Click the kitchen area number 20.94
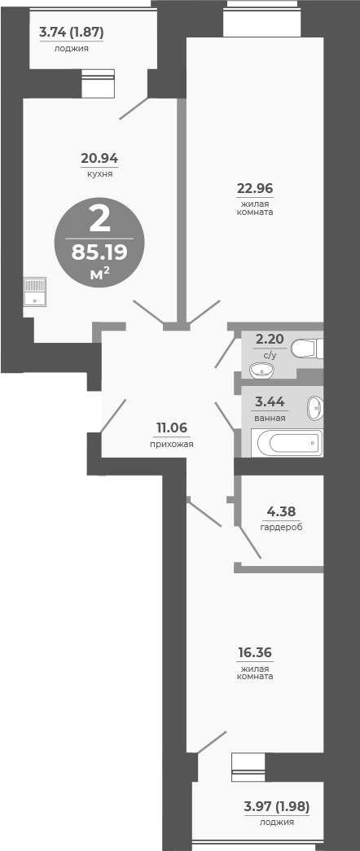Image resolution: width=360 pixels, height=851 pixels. pyautogui.click(x=99, y=158)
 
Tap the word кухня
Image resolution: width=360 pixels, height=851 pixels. pyautogui.click(x=99, y=173)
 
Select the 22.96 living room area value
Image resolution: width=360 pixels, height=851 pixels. pyautogui.click(x=255, y=188)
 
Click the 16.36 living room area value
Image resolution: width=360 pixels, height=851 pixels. pyautogui.click(x=255, y=652)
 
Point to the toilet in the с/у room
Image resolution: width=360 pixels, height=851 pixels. pyautogui.click(x=307, y=349)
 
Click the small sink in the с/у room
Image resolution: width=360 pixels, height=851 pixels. pyautogui.click(x=261, y=371)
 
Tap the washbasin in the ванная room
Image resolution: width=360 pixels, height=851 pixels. pyautogui.click(x=314, y=407)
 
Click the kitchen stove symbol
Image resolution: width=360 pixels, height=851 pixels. pyautogui.click(x=35, y=292)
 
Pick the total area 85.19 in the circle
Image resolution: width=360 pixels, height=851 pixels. pyautogui.click(x=99, y=252)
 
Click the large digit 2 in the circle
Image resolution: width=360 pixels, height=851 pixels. pyautogui.click(x=99, y=219)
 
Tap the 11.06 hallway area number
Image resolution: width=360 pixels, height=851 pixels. pyautogui.click(x=172, y=428)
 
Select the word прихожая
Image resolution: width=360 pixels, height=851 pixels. pyautogui.click(x=172, y=444)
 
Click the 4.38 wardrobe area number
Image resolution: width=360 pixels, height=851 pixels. pyautogui.click(x=281, y=511)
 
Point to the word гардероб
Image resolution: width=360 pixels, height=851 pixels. pyautogui.click(x=281, y=527)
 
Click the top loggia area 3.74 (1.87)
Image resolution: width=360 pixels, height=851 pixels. pyautogui.click(x=72, y=33)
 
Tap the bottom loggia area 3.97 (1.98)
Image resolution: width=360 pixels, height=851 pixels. pyautogui.click(x=277, y=806)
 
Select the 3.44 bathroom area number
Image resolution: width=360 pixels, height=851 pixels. pyautogui.click(x=270, y=401)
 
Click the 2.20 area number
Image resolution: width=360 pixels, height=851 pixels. pyautogui.click(x=270, y=339)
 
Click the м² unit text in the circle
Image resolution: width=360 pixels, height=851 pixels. pyautogui.click(x=99, y=274)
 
